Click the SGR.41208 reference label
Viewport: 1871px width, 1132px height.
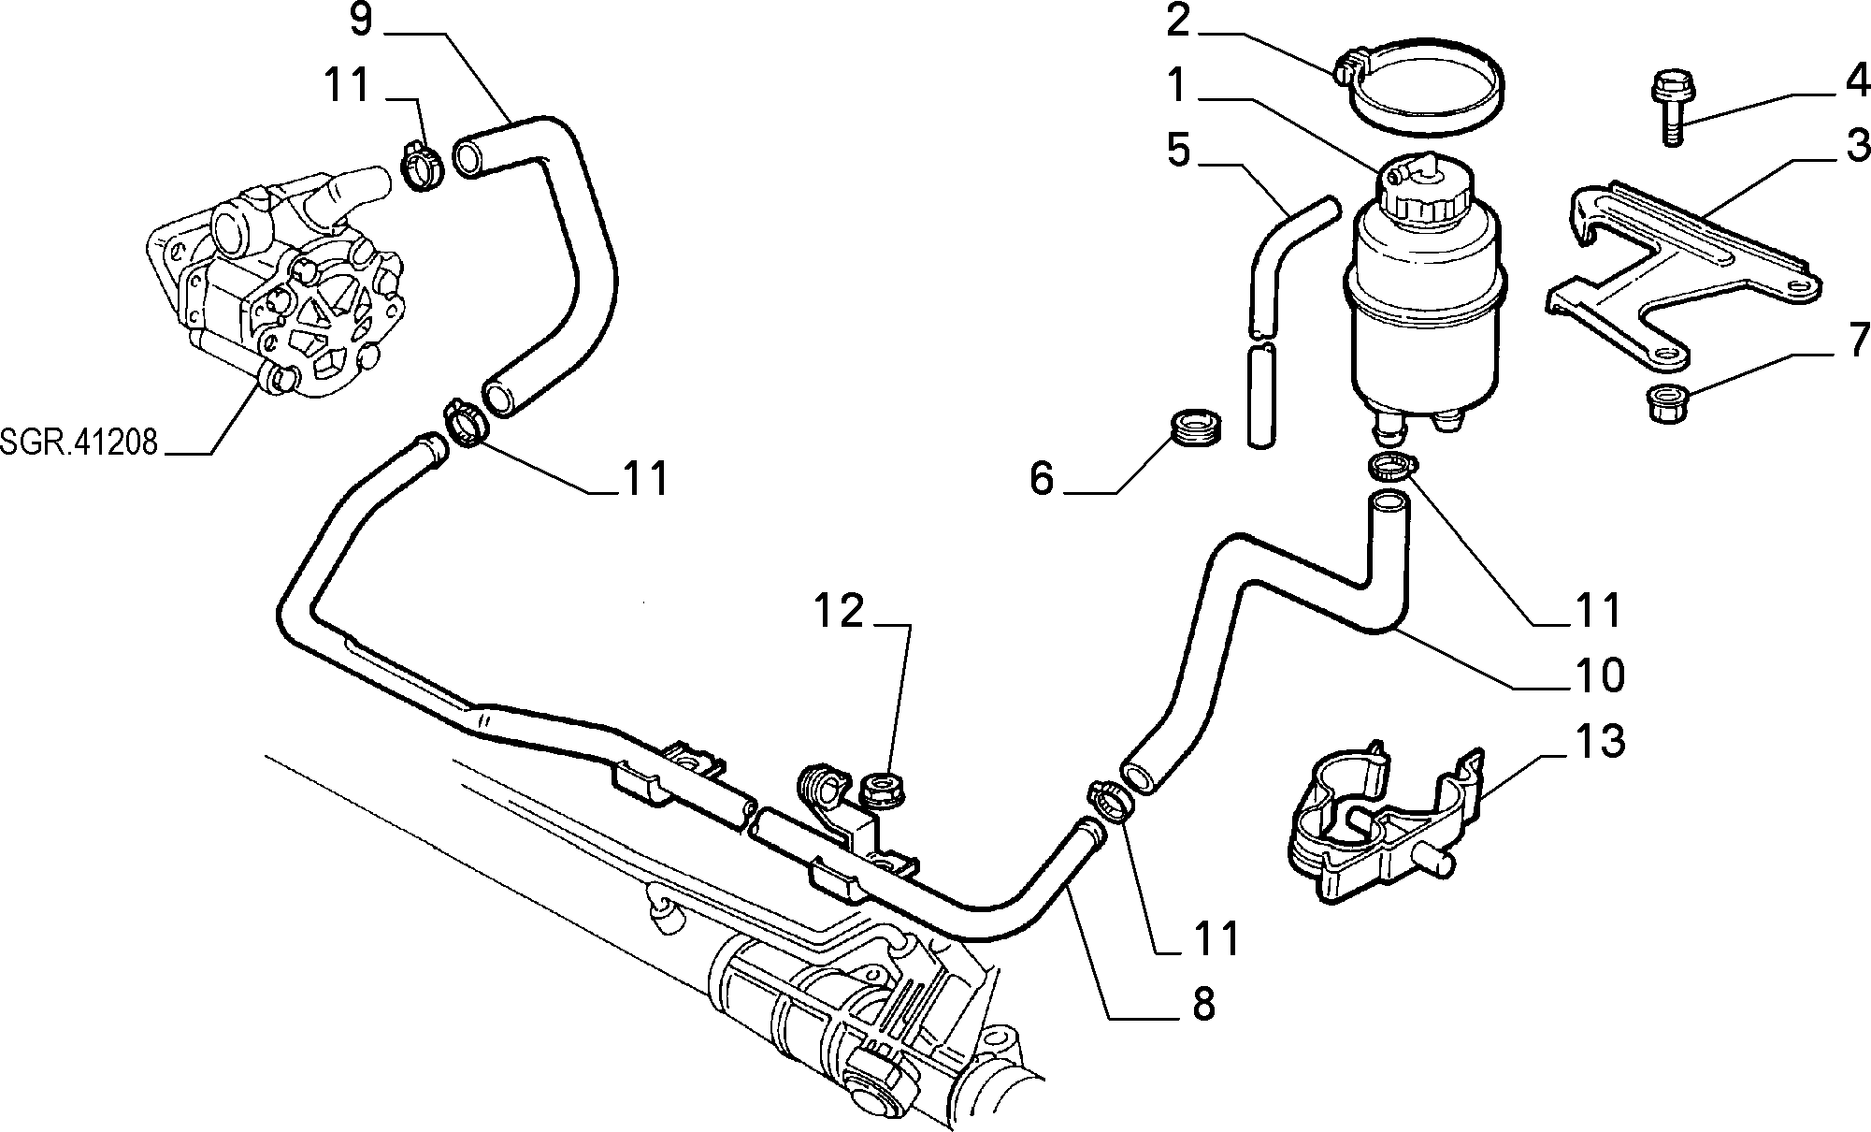click(x=79, y=441)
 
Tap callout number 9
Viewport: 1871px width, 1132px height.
click(x=362, y=21)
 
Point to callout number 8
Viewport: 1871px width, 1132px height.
click(x=1202, y=1004)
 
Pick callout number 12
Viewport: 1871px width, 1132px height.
click(x=839, y=612)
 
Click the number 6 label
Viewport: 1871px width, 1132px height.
click(x=1042, y=478)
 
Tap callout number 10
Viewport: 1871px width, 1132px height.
click(x=1600, y=675)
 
